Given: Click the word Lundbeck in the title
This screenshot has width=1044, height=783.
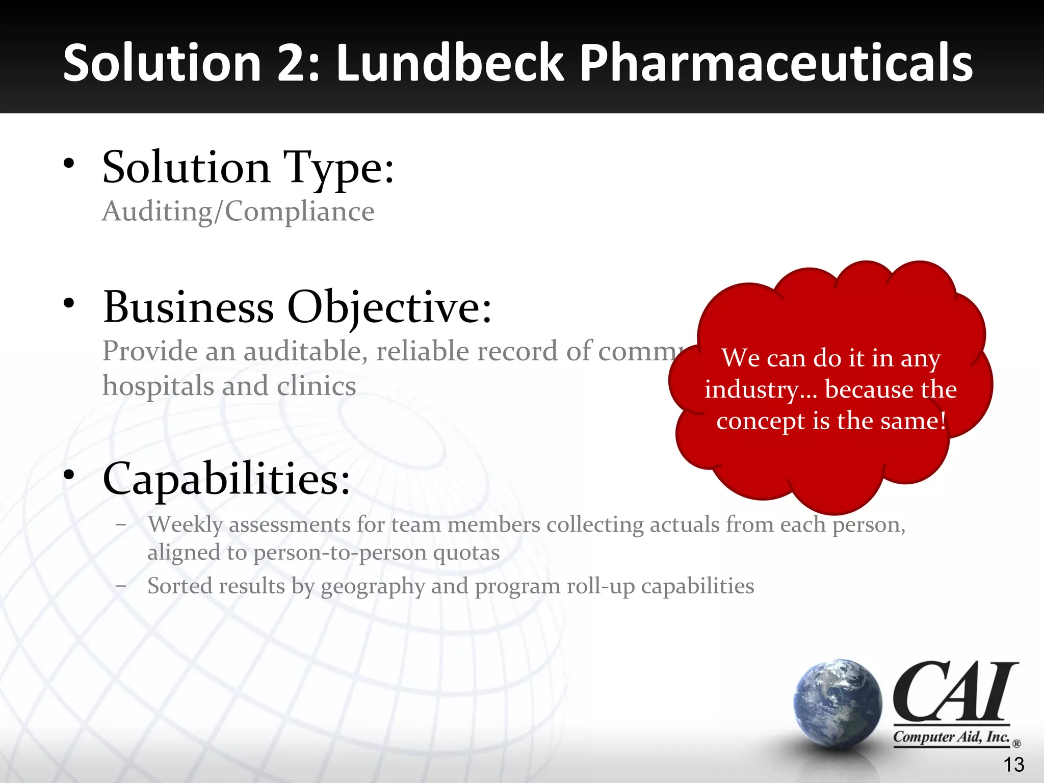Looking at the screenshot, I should pos(450,63).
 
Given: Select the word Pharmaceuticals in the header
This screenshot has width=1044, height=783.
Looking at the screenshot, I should pos(776,63).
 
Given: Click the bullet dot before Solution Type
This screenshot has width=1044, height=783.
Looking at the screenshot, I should pos(69,164).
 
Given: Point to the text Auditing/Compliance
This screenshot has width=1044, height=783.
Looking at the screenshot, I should pos(238,211).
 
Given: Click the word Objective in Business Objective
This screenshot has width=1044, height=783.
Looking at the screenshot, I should pos(389,308).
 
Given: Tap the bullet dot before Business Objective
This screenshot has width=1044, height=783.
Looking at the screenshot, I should pos(69,304).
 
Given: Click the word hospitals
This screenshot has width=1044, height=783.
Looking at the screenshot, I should pos(159,386).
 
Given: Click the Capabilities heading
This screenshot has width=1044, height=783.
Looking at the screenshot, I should pos(226,479).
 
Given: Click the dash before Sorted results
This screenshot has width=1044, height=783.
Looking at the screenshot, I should pos(121,586).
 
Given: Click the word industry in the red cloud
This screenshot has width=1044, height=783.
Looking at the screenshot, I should pos(751,390).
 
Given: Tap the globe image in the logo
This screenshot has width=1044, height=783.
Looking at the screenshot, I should pos(838,702).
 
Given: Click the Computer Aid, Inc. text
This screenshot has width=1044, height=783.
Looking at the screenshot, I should pos(951,737).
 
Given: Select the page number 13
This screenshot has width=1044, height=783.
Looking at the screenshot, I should pos(1013,765).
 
